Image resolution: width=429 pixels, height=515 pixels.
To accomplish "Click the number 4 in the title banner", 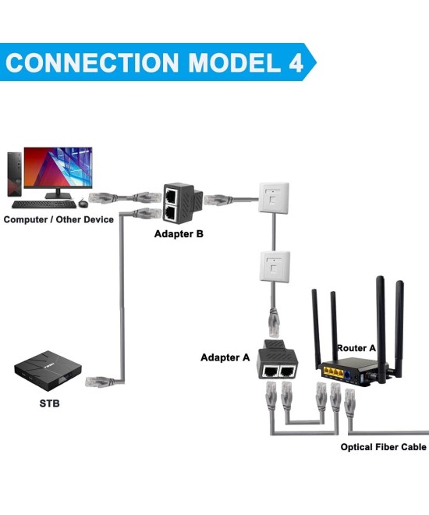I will (292, 62).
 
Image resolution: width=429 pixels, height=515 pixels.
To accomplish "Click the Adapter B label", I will (179, 233).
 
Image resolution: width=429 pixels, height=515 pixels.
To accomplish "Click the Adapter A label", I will (225, 357).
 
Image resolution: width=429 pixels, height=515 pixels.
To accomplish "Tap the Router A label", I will (356, 346).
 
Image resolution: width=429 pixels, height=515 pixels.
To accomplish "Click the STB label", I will (50, 403).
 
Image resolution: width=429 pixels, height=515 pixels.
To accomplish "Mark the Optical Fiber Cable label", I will (383, 447).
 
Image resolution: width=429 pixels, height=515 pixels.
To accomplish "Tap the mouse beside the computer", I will (83, 204).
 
